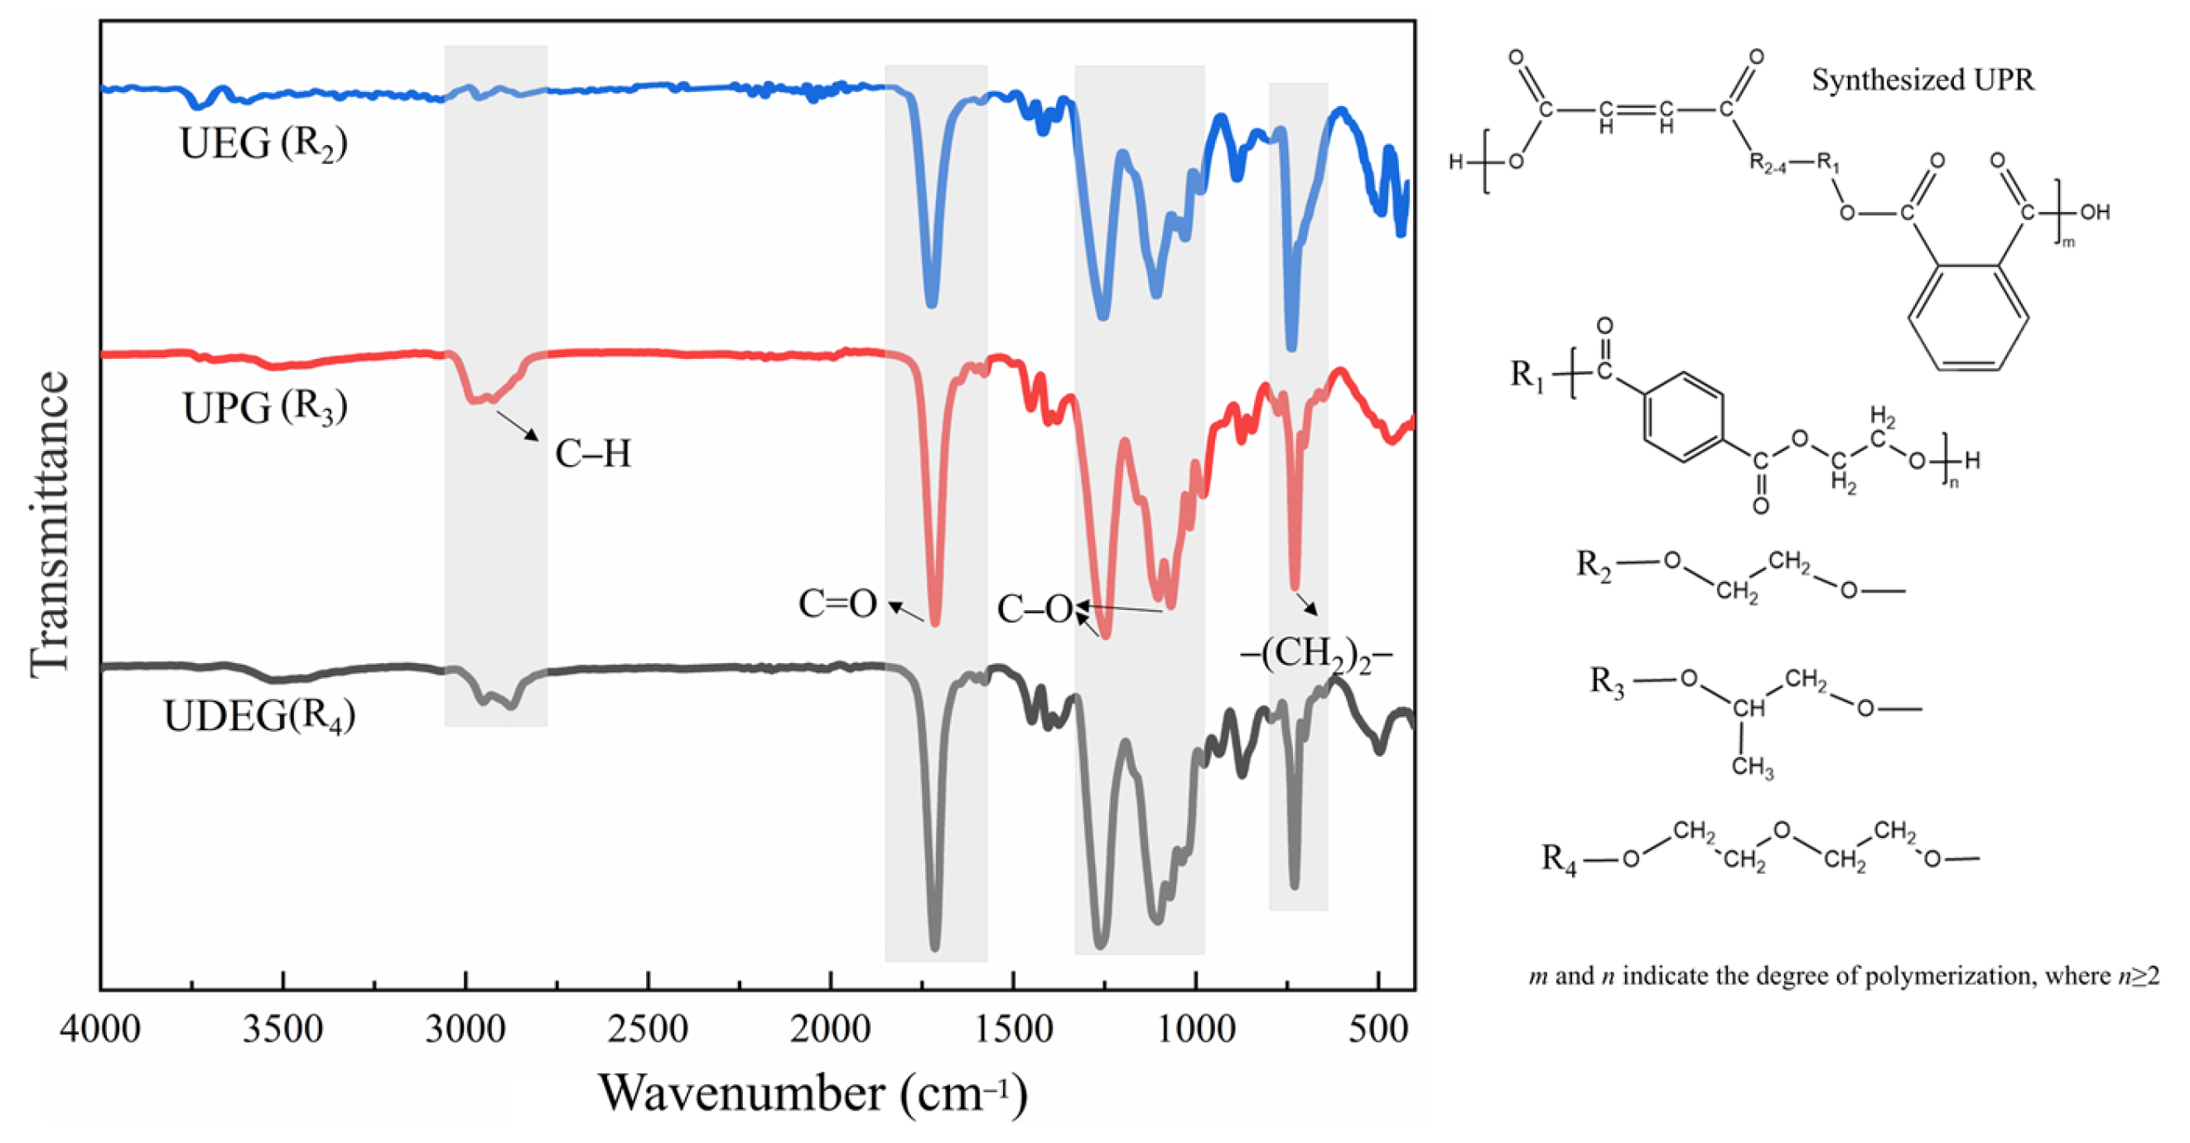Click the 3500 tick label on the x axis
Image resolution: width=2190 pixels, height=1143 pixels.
click(x=283, y=1030)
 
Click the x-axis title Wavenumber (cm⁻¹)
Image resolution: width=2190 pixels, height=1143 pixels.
click(x=812, y=1093)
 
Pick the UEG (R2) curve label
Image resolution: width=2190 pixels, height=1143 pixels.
click(x=263, y=143)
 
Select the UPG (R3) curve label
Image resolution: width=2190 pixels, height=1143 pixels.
click(x=264, y=408)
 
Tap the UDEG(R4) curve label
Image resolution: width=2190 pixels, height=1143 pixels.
click(x=259, y=716)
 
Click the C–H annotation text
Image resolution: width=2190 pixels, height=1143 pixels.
click(x=592, y=454)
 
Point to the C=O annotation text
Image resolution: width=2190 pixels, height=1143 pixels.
click(x=837, y=603)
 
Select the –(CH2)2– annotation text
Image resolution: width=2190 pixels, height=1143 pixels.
click(x=1316, y=655)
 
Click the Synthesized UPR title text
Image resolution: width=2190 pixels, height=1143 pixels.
click(x=1922, y=80)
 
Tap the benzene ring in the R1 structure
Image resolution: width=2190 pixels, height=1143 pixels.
click(x=1684, y=417)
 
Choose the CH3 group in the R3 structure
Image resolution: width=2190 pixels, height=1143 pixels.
click(x=1752, y=767)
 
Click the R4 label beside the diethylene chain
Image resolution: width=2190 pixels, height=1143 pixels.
click(x=1559, y=859)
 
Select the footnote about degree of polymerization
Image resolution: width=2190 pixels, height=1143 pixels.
click(x=1843, y=976)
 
